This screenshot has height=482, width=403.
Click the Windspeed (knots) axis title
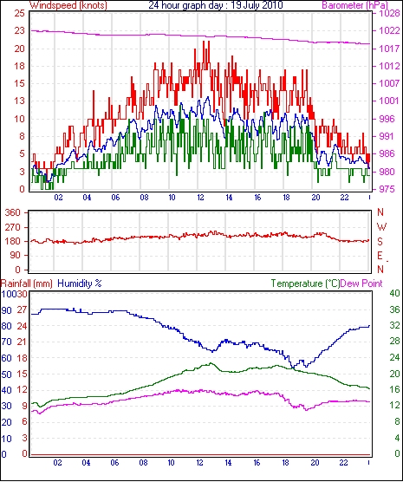[x=68, y=5]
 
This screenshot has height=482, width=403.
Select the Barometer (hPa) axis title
[x=355, y=5]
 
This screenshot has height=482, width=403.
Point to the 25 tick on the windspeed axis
[x=19, y=14]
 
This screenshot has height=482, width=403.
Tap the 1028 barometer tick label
[x=387, y=14]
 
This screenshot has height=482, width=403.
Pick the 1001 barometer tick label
[x=387, y=101]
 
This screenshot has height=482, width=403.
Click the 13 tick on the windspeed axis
[x=19, y=101]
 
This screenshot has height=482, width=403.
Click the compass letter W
[x=381, y=227]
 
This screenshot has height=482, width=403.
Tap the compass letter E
[x=380, y=256]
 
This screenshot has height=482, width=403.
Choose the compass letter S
[x=380, y=242]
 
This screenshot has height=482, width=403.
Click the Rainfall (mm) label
[x=27, y=283]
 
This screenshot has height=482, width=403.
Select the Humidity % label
[x=80, y=283]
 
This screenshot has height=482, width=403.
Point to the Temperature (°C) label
[x=306, y=283]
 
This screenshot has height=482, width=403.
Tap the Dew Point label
[x=361, y=283]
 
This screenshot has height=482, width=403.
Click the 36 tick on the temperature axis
[x=394, y=309]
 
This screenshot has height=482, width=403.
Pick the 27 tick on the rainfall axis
[x=23, y=309]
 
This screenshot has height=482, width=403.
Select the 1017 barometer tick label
[x=387, y=49]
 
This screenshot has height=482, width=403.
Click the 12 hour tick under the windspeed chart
[x=200, y=198]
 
